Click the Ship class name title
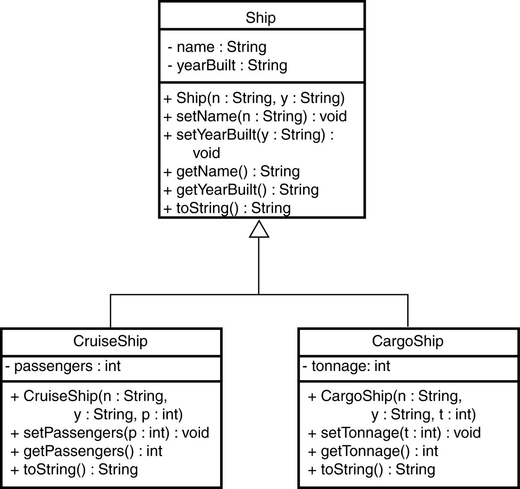[260, 18]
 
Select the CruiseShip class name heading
[110, 341]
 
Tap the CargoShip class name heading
[408, 341]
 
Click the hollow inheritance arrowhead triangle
[259, 229]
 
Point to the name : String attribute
[217, 47]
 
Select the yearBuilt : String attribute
[228, 65]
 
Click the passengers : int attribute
[63, 366]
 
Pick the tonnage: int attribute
[347, 366]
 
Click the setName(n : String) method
[255, 116]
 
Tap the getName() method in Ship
[232, 171]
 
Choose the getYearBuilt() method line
[241, 190]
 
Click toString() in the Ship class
[227, 208]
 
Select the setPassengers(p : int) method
[110, 433]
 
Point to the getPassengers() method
[87, 451]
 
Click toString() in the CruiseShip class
[75, 469]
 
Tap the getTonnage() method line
[373, 451]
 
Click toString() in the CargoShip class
[372, 469]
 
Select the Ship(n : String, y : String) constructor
[254, 98]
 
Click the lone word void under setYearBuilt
[207, 153]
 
